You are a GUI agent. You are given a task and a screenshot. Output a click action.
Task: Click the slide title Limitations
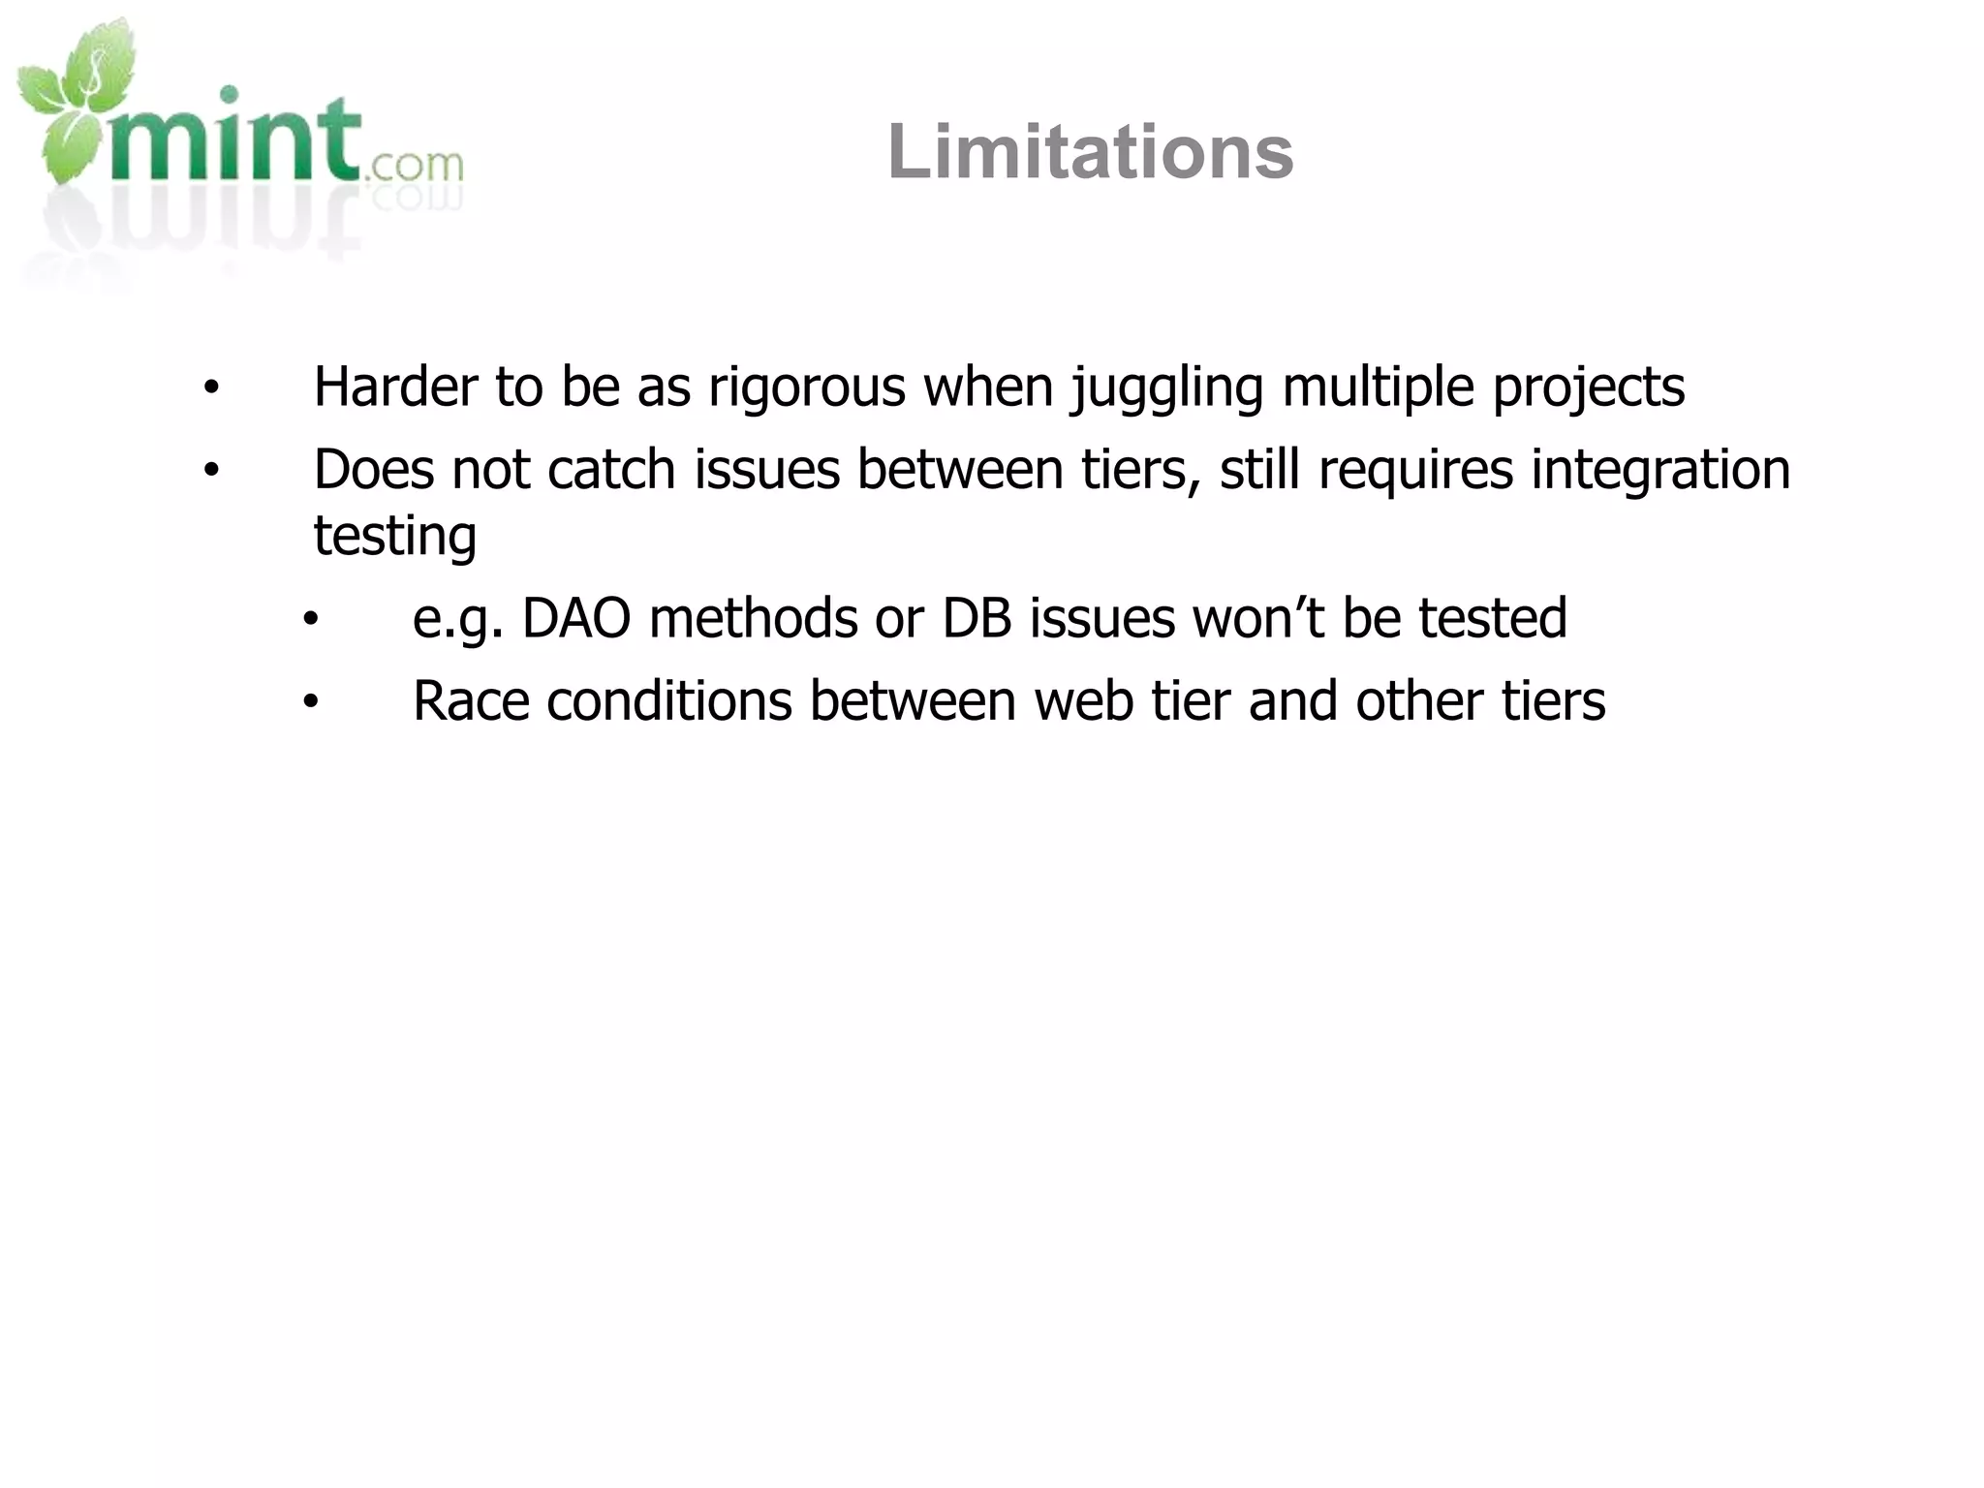click(1090, 152)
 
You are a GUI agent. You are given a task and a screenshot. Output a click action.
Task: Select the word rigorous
click(807, 388)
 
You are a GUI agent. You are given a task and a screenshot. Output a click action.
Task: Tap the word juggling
click(1166, 388)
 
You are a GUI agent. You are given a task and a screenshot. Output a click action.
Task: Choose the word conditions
click(669, 701)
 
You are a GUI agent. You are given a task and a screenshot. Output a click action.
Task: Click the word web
click(1083, 701)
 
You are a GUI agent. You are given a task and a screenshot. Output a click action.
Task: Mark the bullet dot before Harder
click(211, 389)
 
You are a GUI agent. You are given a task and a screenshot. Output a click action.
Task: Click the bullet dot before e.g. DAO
click(310, 620)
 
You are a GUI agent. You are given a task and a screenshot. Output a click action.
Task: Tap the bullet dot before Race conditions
click(310, 703)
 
